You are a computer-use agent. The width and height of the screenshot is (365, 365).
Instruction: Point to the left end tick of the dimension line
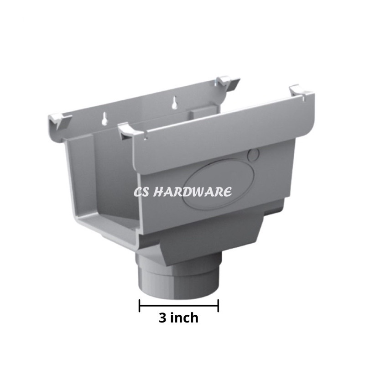(x=140, y=306)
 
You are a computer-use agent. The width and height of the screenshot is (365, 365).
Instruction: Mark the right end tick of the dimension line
(x=219, y=306)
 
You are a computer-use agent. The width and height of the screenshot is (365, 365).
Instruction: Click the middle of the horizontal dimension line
(x=179, y=306)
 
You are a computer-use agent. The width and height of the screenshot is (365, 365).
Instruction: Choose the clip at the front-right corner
(x=299, y=93)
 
